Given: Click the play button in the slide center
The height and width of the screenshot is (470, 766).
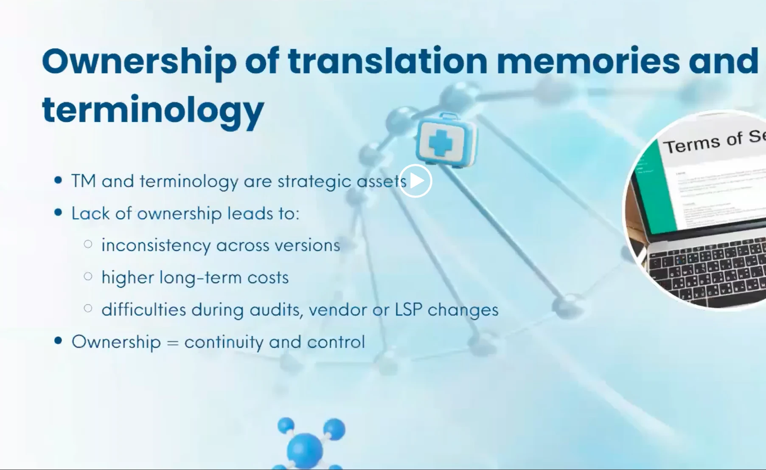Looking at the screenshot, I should click(415, 181).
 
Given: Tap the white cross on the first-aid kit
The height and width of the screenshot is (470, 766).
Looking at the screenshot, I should click(441, 142).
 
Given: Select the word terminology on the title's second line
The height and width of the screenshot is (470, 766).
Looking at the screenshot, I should click(153, 110).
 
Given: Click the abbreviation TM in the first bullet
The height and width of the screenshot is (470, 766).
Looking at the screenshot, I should click(83, 181).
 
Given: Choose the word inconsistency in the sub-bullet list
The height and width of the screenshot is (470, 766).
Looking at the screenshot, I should click(156, 245).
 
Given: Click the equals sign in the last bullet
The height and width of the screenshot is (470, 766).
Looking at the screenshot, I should click(172, 342).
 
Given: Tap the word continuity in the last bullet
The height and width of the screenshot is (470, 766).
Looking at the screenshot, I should click(224, 342).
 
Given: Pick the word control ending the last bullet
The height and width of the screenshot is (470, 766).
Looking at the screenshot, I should click(336, 342).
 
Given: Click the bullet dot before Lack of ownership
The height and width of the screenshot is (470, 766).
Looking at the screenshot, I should click(59, 212).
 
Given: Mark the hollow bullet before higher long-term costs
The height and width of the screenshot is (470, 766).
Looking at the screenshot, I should click(88, 277).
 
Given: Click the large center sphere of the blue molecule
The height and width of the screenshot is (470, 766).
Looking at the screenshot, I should click(305, 449).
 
